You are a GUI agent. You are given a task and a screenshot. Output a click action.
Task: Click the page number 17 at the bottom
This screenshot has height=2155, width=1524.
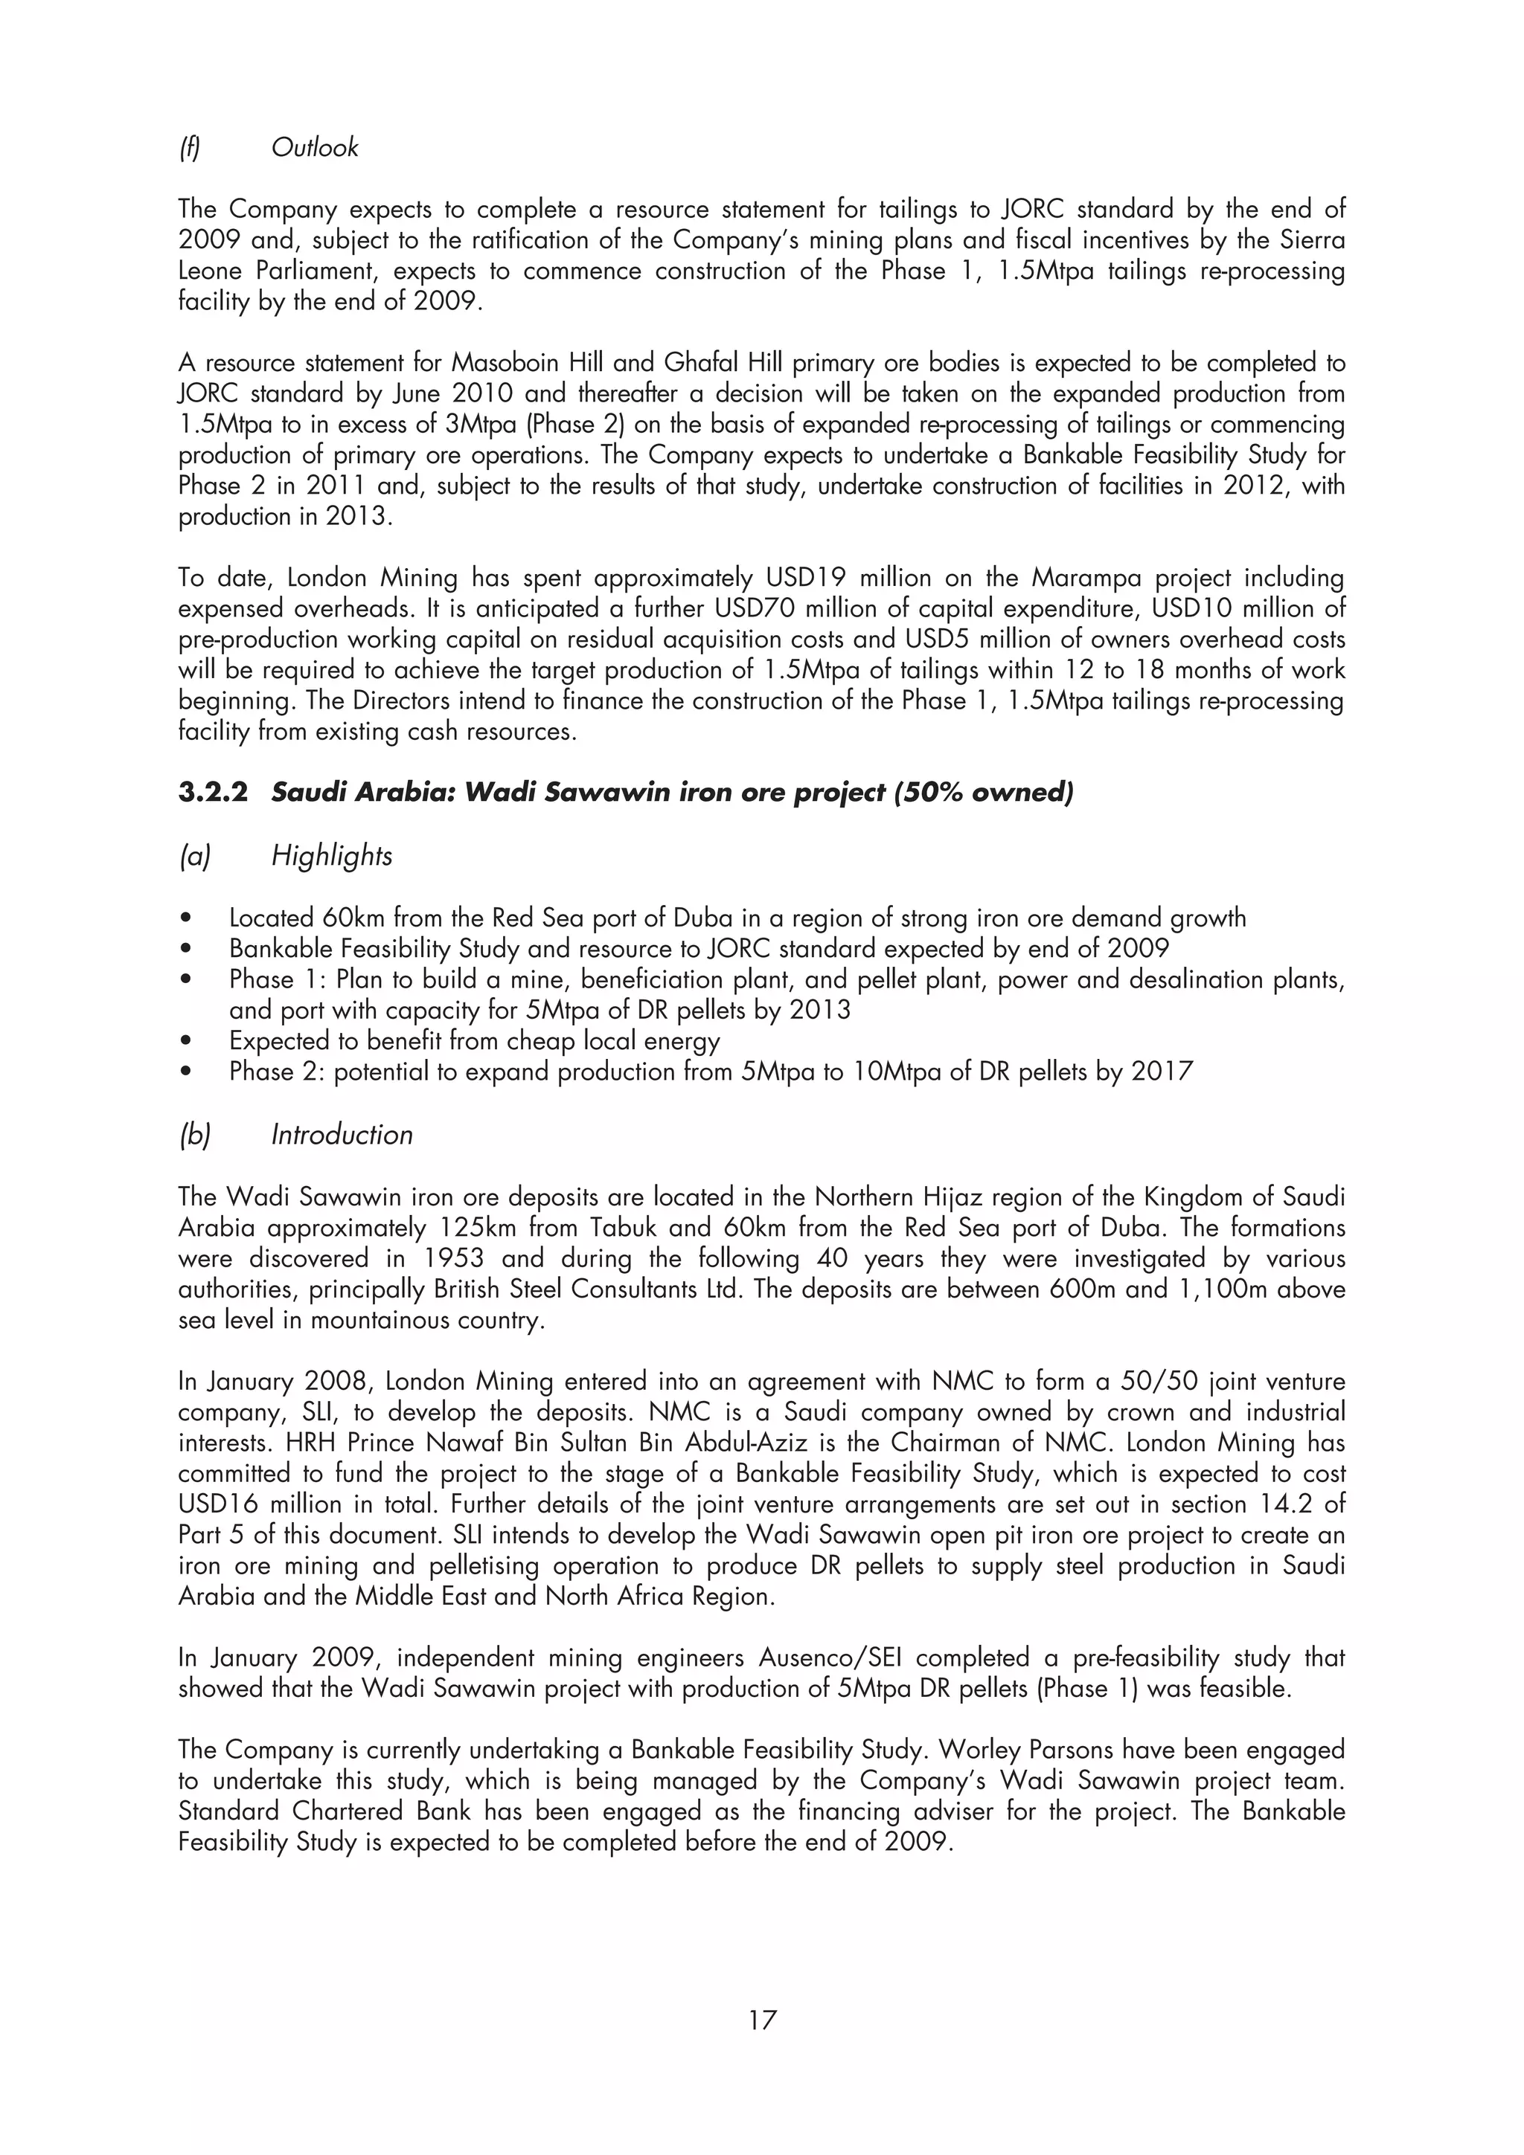point(761,2020)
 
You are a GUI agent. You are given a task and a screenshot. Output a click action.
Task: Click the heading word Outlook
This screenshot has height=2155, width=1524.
point(315,147)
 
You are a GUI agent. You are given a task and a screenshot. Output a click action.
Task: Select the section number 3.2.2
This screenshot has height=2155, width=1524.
point(213,792)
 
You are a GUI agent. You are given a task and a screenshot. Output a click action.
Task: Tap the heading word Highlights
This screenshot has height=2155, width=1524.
point(331,855)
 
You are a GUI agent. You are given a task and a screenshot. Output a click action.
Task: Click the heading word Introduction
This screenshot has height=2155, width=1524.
point(342,1135)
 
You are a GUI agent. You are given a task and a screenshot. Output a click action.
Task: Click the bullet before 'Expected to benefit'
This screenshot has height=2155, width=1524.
point(189,1042)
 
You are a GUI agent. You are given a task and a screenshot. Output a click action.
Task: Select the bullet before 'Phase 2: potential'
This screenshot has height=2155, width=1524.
point(189,1072)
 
